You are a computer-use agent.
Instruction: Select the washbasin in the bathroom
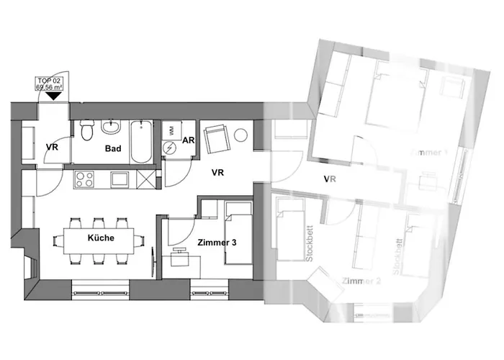click(x=112, y=128)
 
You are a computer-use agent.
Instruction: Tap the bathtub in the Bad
click(x=140, y=142)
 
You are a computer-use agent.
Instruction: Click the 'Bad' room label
click(x=112, y=149)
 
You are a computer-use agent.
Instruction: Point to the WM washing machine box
click(x=171, y=130)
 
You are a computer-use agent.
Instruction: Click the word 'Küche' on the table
click(x=101, y=238)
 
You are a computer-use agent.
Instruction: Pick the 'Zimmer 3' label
click(x=216, y=243)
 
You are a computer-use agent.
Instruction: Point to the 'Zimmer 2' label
click(x=361, y=281)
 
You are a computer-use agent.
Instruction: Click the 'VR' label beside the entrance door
click(x=52, y=148)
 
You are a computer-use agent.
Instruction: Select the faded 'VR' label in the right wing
click(x=330, y=179)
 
